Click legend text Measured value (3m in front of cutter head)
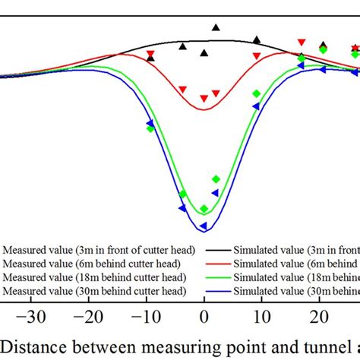click(99, 250)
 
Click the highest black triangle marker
click(216, 27)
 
